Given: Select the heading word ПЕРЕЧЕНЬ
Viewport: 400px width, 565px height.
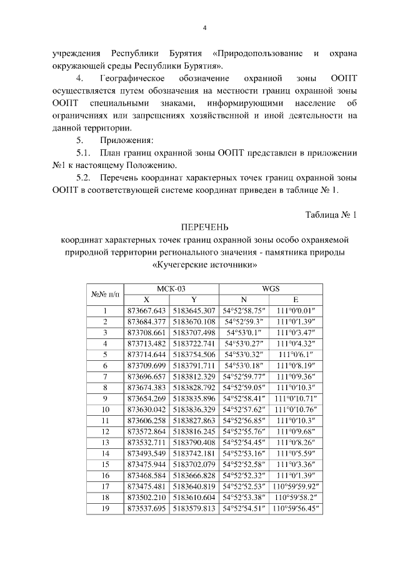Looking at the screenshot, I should pyautogui.click(x=205, y=226).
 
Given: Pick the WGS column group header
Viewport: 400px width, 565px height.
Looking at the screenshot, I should pyautogui.click(x=271, y=288).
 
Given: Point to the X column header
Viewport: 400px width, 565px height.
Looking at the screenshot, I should pyautogui.click(x=146, y=299).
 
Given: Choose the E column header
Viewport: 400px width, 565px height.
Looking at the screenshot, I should pyautogui.click(x=296, y=299).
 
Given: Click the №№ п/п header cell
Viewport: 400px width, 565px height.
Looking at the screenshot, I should pyautogui.click(x=105, y=293).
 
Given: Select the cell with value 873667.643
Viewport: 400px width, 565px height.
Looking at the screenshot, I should pyautogui.click(x=146, y=310).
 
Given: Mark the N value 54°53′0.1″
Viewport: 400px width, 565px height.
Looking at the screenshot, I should pyautogui.click(x=246, y=333).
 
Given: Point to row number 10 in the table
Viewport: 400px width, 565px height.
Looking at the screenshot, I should pyautogui.click(x=105, y=409).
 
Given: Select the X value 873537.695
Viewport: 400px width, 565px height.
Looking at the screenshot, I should pyautogui.click(x=146, y=508).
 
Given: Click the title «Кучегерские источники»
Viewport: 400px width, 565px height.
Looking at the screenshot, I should pyautogui.click(x=205, y=264).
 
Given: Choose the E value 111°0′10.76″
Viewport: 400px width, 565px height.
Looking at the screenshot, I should pyautogui.click(x=296, y=409).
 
